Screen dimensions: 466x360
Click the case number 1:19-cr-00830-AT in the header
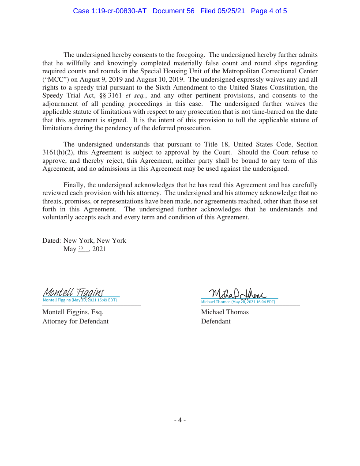pos(109,11)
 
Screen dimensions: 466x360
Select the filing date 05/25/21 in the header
pos(233,11)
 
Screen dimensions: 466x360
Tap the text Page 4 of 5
pos(269,11)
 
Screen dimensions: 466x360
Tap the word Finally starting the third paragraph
pos(74,185)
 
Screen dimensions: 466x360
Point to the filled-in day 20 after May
pos(81,249)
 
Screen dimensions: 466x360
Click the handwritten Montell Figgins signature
pos(74,293)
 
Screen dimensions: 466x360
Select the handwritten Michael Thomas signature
pos(238,293)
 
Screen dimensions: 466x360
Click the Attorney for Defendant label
pos(75,321)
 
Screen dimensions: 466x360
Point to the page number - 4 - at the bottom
pos(180,421)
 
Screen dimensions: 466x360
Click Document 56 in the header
pos(173,11)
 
